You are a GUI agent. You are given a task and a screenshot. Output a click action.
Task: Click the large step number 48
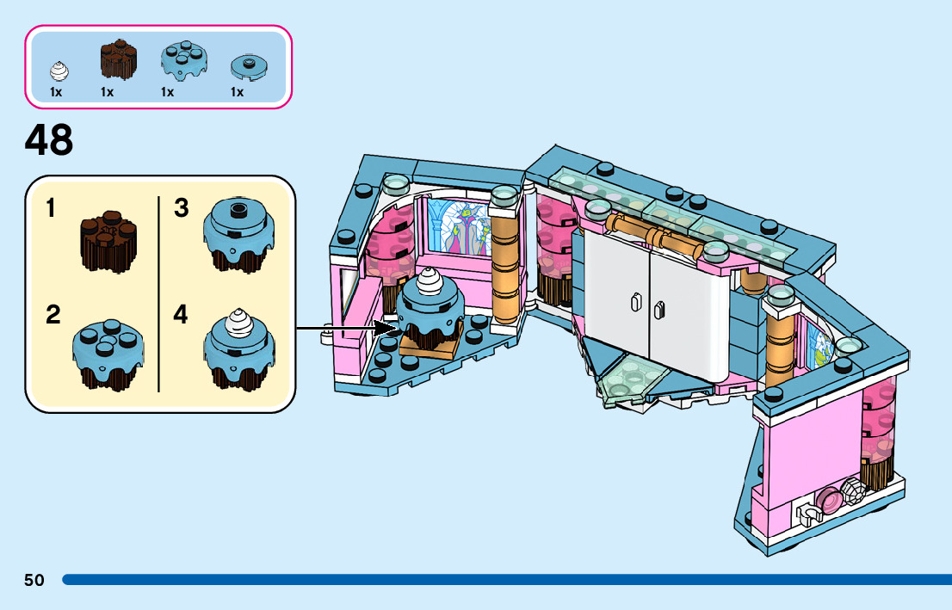point(49,140)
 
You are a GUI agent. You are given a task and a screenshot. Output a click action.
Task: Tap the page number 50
point(34,580)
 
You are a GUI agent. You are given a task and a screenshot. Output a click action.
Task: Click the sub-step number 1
point(52,209)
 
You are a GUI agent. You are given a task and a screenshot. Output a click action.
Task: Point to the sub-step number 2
point(53,315)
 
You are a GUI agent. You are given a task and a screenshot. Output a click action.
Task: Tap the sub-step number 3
point(181,209)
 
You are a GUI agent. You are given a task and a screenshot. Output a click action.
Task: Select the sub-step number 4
point(181,315)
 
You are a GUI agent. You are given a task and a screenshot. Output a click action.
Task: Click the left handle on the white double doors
point(636,302)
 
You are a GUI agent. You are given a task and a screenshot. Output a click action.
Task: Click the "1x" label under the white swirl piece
point(56,92)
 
